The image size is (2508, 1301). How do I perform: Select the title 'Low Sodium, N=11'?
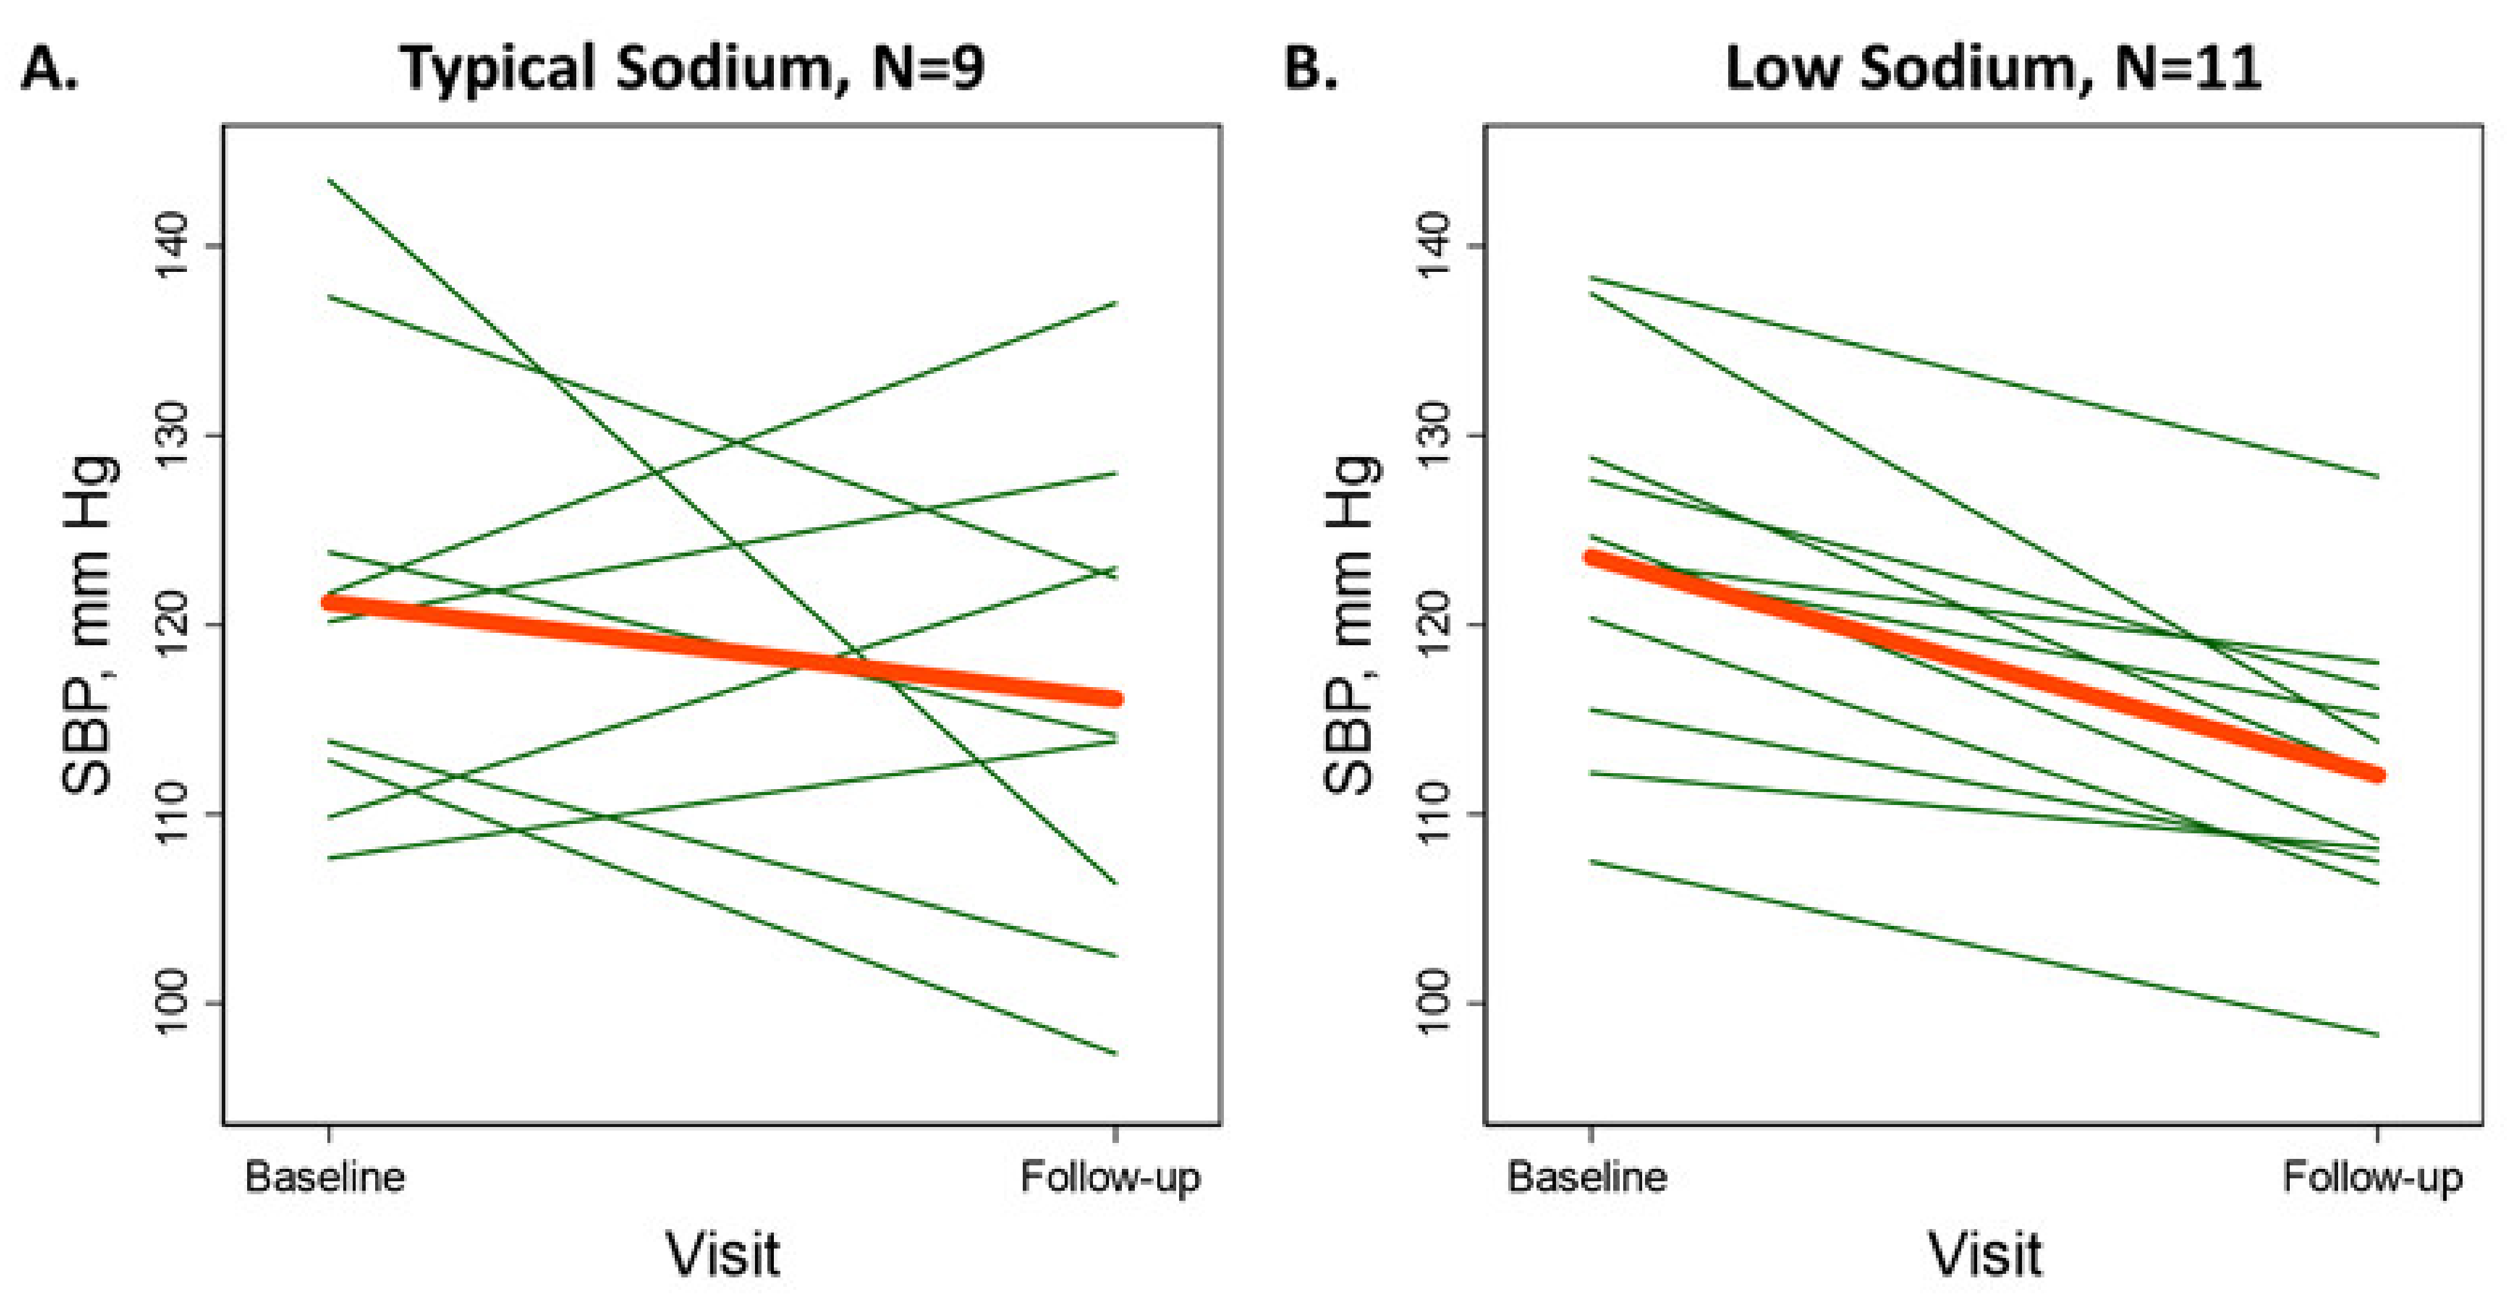1992,68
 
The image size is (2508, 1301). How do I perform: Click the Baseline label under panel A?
325,1177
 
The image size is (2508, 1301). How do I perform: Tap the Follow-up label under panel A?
1110,1177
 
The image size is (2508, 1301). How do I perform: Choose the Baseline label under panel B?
1587,1177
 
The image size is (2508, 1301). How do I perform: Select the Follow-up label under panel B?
2373,1177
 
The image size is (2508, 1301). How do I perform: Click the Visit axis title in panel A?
723,1254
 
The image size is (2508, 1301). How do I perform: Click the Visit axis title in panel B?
1985,1254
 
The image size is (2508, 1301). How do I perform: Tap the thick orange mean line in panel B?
1986,667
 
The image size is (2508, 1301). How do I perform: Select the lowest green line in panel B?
1986,948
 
